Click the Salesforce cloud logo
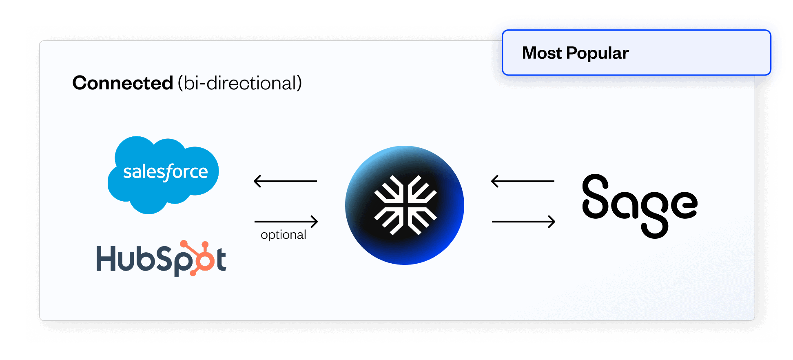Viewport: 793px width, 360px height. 163,175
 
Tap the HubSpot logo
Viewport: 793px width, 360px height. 161,258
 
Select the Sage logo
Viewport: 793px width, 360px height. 640,206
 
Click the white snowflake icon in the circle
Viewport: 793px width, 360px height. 405,205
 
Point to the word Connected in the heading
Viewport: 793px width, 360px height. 123,83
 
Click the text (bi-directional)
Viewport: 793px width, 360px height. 240,83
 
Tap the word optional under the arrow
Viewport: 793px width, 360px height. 284,235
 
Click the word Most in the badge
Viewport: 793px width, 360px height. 542,53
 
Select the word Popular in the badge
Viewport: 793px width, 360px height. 598,53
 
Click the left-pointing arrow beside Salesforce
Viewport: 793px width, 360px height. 285,181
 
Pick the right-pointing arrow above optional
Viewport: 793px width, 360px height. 286,222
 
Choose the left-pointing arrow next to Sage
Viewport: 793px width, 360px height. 523,181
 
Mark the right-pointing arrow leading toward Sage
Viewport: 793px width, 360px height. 523,222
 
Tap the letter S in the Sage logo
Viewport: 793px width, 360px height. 595,196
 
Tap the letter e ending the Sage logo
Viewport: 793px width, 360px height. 684,204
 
